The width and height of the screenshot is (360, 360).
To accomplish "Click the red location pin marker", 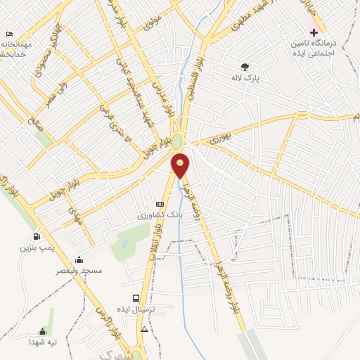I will [x=181, y=165].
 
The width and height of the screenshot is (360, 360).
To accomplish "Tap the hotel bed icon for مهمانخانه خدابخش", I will [x=8, y=34].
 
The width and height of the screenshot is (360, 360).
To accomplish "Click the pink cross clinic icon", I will [x=314, y=32].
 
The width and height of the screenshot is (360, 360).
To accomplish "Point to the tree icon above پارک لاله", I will [x=245, y=67].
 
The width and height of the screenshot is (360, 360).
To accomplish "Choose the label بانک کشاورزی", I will [x=161, y=215].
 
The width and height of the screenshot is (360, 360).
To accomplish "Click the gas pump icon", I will [x=36, y=236].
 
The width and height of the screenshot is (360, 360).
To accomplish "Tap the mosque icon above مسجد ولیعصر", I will [x=79, y=259].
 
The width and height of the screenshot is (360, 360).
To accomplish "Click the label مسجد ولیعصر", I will [x=79, y=270].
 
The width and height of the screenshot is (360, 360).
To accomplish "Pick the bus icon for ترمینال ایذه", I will [x=136, y=297].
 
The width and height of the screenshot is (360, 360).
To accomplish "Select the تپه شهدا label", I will [x=41, y=342].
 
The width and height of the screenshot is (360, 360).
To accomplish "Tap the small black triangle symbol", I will [x=145, y=328].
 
